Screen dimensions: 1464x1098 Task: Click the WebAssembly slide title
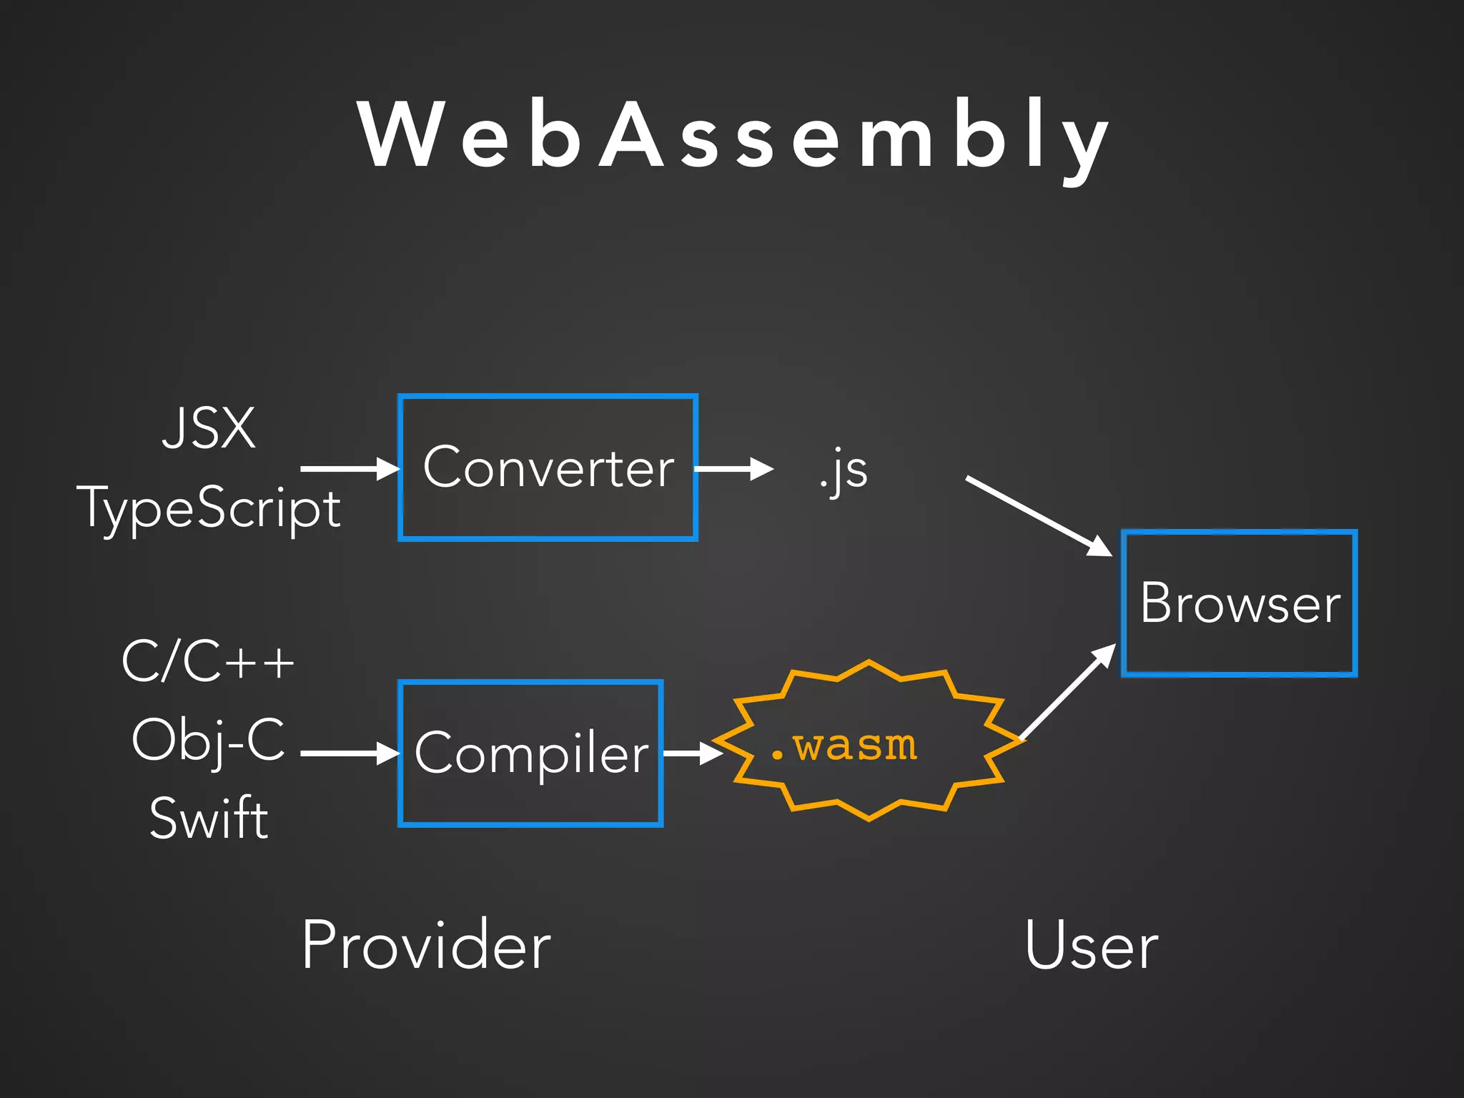733,136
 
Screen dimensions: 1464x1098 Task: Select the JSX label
208,429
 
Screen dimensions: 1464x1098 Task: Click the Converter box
548,468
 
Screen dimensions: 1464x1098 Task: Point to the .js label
844,471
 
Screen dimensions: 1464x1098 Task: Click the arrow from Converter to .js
733,469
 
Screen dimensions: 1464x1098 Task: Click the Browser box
1239,603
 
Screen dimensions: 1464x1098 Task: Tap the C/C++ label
208,662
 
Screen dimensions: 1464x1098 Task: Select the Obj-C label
208,741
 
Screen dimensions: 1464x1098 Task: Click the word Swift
208,818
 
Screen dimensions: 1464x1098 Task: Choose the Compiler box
530,753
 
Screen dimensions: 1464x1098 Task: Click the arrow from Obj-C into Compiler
349,753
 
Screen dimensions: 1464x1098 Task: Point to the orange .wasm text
844,746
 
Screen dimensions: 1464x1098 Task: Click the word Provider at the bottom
426,946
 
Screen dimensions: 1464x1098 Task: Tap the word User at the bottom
1091,946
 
